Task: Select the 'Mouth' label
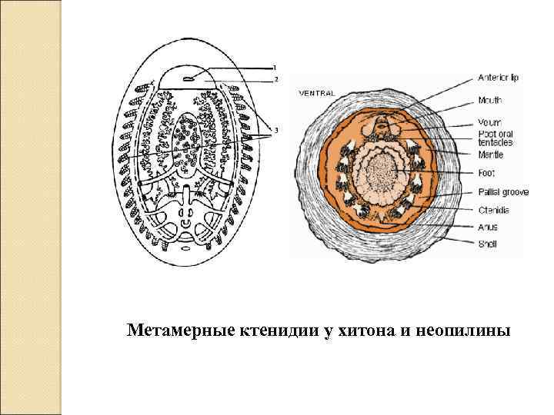point(490,100)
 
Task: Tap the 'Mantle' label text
point(490,155)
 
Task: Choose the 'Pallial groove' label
point(503,192)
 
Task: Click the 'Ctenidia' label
point(494,208)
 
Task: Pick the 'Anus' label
point(488,227)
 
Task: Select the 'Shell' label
point(488,244)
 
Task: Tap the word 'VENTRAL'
point(316,93)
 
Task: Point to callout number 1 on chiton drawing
point(276,67)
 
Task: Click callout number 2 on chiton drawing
point(276,78)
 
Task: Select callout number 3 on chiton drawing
point(276,130)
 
